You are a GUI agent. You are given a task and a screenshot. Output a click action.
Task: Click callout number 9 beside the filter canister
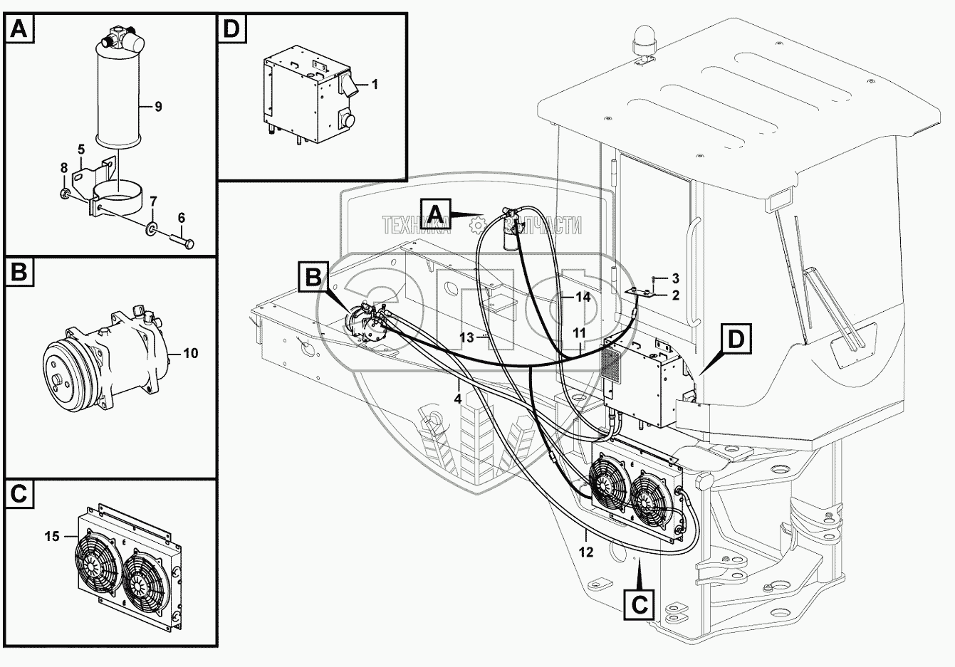tap(158, 106)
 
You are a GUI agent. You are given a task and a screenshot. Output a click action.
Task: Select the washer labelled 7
tap(151, 229)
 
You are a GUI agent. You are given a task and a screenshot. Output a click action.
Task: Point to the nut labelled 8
tap(65, 194)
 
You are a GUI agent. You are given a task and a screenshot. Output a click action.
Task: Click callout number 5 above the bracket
tap(81, 149)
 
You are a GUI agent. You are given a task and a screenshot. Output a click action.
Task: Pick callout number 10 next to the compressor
tap(191, 353)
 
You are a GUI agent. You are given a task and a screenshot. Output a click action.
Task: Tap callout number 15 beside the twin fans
tap(52, 536)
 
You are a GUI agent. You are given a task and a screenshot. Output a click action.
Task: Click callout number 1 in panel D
tap(375, 85)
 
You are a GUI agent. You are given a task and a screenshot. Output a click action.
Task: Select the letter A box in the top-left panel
tap(19, 29)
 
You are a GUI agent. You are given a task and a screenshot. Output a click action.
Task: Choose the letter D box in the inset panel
tap(232, 29)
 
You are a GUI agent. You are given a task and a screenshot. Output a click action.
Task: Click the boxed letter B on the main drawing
tap(314, 278)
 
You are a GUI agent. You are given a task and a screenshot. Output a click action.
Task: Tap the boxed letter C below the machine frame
tap(639, 604)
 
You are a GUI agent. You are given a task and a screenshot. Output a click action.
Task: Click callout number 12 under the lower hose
tap(586, 552)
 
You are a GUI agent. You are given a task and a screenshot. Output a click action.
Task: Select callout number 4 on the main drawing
tap(457, 399)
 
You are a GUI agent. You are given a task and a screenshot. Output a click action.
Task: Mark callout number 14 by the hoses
tap(583, 297)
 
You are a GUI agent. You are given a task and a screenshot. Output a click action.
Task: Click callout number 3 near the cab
tap(676, 279)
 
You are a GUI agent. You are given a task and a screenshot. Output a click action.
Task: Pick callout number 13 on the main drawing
tap(467, 337)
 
